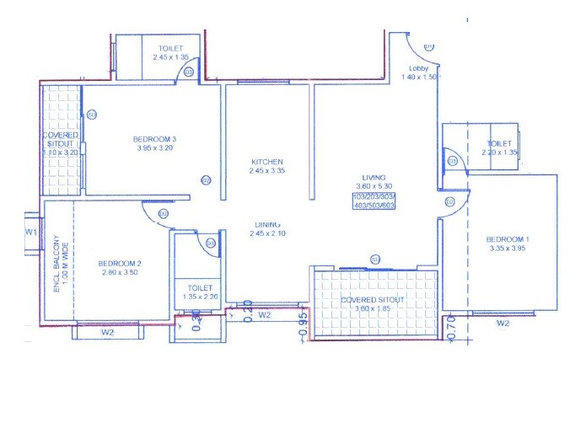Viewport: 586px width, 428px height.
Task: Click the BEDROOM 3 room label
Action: tap(154, 139)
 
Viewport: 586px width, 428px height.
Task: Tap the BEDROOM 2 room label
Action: tap(119, 264)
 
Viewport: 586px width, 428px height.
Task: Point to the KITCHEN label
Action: tap(266, 162)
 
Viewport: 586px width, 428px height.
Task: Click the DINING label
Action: tap(269, 224)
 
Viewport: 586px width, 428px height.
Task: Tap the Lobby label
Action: tap(419, 68)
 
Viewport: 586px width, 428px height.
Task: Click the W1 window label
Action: tap(31, 231)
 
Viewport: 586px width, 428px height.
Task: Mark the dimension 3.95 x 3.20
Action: tap(154, 148)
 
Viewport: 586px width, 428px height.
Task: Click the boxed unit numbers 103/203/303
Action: tap(374, 196)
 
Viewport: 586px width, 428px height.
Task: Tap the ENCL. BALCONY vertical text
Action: tap(57, 263)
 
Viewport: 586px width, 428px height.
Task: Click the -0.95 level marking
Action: tap(301, 329)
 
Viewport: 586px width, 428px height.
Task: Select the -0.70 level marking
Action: tap(452, 329)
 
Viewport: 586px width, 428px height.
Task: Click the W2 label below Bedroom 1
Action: tap(503, 323)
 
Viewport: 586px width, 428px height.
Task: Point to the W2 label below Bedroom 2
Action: tap(107, 332)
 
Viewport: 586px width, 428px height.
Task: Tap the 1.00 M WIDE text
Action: tap(67, 263)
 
